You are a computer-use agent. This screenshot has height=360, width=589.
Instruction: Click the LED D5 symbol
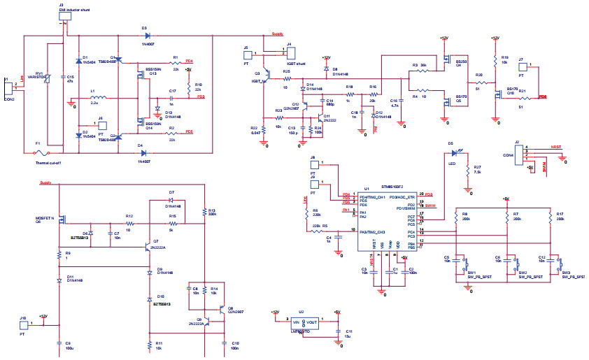pos(457,152)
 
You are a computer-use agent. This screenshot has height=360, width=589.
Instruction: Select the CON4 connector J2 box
pos(519,155)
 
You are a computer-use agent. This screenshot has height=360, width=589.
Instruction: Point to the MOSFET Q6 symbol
pos(62,222)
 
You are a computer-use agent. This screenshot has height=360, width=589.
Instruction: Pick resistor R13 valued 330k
pos(204,213)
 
